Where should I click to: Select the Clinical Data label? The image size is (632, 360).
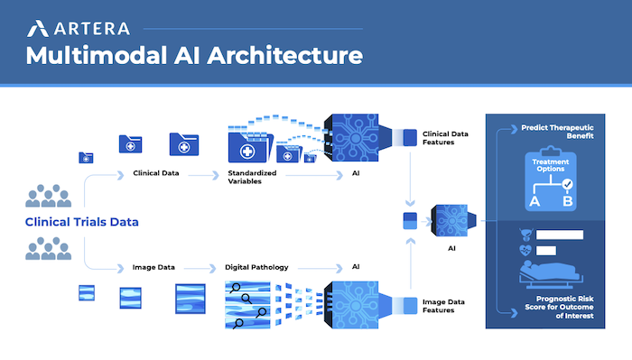pyautogui.click(x=155, y=171)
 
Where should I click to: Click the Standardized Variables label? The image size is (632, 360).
pyautogui.click(x=252, y=175)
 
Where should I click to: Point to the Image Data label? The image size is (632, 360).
pyautogui.click(x=153, y=268)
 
